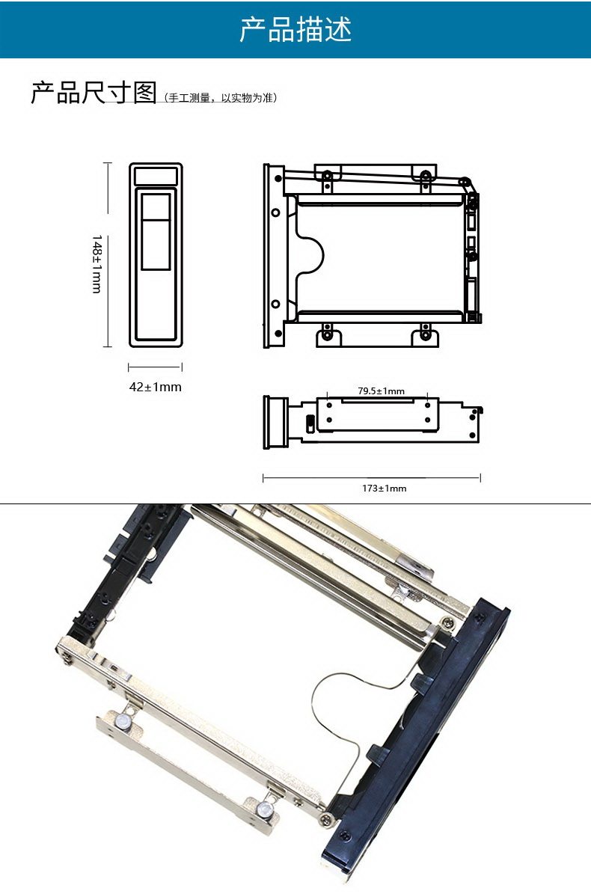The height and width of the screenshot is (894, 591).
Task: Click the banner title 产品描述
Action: (295, 29)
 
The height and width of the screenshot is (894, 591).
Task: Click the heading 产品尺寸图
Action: (94, 92)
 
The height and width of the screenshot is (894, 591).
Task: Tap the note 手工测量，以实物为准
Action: (221, 97)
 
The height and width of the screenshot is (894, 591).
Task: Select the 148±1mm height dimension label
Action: (97, 263)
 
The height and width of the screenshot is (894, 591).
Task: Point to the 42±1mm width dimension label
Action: (155, 387)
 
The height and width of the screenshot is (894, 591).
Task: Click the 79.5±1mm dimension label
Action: (382, 391)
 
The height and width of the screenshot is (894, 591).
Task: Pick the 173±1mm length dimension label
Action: (384, 488)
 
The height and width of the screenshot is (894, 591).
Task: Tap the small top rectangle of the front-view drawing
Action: (156, 176)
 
